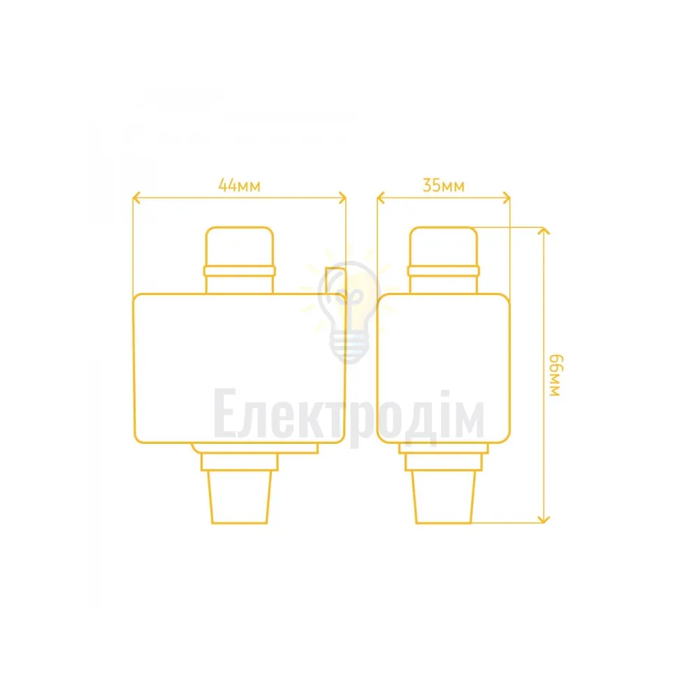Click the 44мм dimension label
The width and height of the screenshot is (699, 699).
(x=239, y=185)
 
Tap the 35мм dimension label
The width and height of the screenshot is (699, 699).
(x=444, y=185)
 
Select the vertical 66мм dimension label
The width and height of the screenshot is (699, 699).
(x=556, y=375)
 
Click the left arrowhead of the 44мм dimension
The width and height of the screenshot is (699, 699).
(x=136, y=198)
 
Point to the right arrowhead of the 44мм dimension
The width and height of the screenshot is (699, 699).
(x=343, y=198)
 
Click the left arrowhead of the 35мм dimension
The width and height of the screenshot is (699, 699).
(x=381, y=198)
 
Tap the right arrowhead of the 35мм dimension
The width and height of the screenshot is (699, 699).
(x=506, y=198)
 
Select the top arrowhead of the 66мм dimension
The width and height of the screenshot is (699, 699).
(x=543, y=231)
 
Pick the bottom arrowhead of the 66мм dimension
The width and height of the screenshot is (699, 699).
(x=543, y=519)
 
